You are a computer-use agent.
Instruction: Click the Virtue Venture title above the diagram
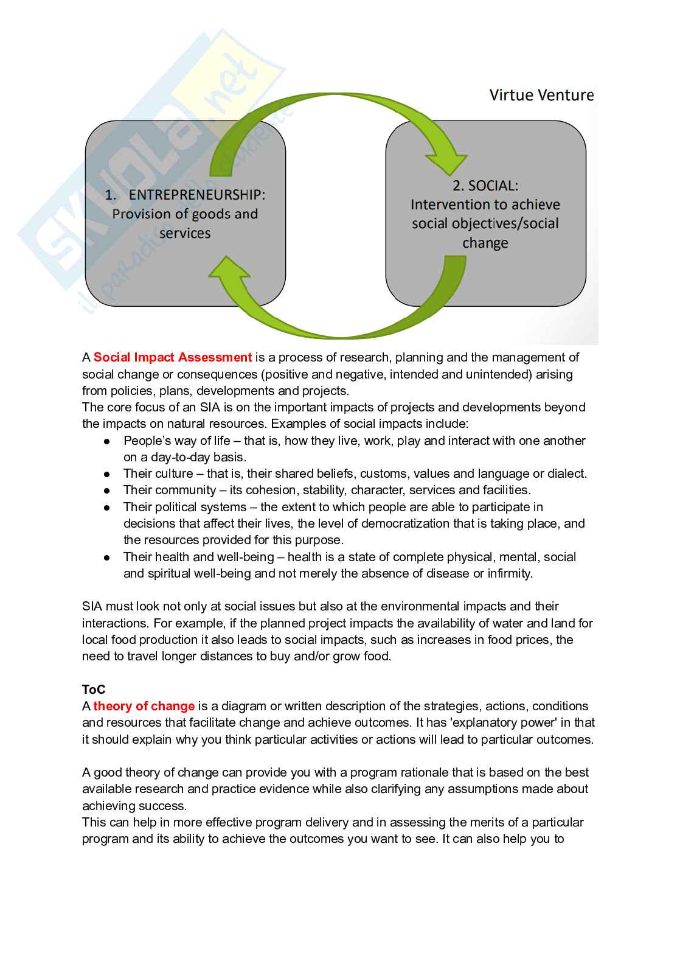(541, 95)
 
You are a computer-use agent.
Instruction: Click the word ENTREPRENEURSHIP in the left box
(197, 195)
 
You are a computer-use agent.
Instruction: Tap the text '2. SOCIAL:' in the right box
(485, 186)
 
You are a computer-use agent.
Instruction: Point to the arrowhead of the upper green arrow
(446, 164)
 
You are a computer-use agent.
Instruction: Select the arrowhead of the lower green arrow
(229, 268)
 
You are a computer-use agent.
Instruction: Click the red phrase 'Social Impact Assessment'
(172, 357)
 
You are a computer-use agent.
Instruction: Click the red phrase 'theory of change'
(144, 706)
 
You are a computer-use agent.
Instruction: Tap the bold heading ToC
(94, 690)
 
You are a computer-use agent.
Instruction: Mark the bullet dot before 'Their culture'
(107, 474)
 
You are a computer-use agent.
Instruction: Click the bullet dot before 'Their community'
(107, 491)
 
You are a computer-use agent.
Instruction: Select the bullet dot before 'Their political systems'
(107, 508)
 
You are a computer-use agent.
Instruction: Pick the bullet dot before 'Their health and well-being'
(107, 557)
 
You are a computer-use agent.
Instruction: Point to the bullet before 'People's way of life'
(107, 441)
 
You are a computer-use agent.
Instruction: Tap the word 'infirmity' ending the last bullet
(509, 573)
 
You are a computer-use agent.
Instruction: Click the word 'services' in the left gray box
(185, 233)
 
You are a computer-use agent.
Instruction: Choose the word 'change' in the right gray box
(485, 243)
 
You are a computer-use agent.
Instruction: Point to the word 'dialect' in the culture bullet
(566, 474)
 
